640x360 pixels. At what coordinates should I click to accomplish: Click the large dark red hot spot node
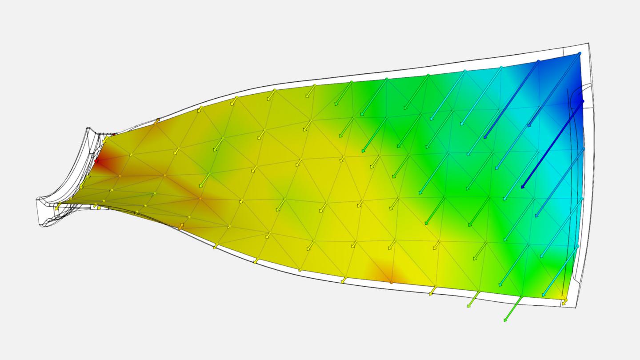96,161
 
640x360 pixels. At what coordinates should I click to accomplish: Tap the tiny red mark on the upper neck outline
114,133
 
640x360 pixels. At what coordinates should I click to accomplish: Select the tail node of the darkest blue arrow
582,102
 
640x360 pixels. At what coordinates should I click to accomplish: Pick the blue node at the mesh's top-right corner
580,53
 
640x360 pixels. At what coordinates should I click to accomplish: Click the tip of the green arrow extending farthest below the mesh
505,320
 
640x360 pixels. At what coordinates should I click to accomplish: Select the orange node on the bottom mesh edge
391,282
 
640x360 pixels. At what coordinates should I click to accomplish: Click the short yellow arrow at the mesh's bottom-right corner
564,301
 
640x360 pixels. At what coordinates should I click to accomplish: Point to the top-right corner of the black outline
588,43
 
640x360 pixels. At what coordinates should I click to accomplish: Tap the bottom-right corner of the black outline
577,308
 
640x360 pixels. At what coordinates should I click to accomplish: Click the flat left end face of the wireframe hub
37,206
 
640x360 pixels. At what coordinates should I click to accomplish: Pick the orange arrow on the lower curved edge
181,227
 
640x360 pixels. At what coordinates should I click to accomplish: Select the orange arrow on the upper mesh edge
156,120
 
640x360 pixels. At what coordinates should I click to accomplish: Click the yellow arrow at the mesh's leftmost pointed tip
57,206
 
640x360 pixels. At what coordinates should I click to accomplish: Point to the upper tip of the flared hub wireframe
88,129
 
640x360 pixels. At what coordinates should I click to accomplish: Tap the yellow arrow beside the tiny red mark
105,140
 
